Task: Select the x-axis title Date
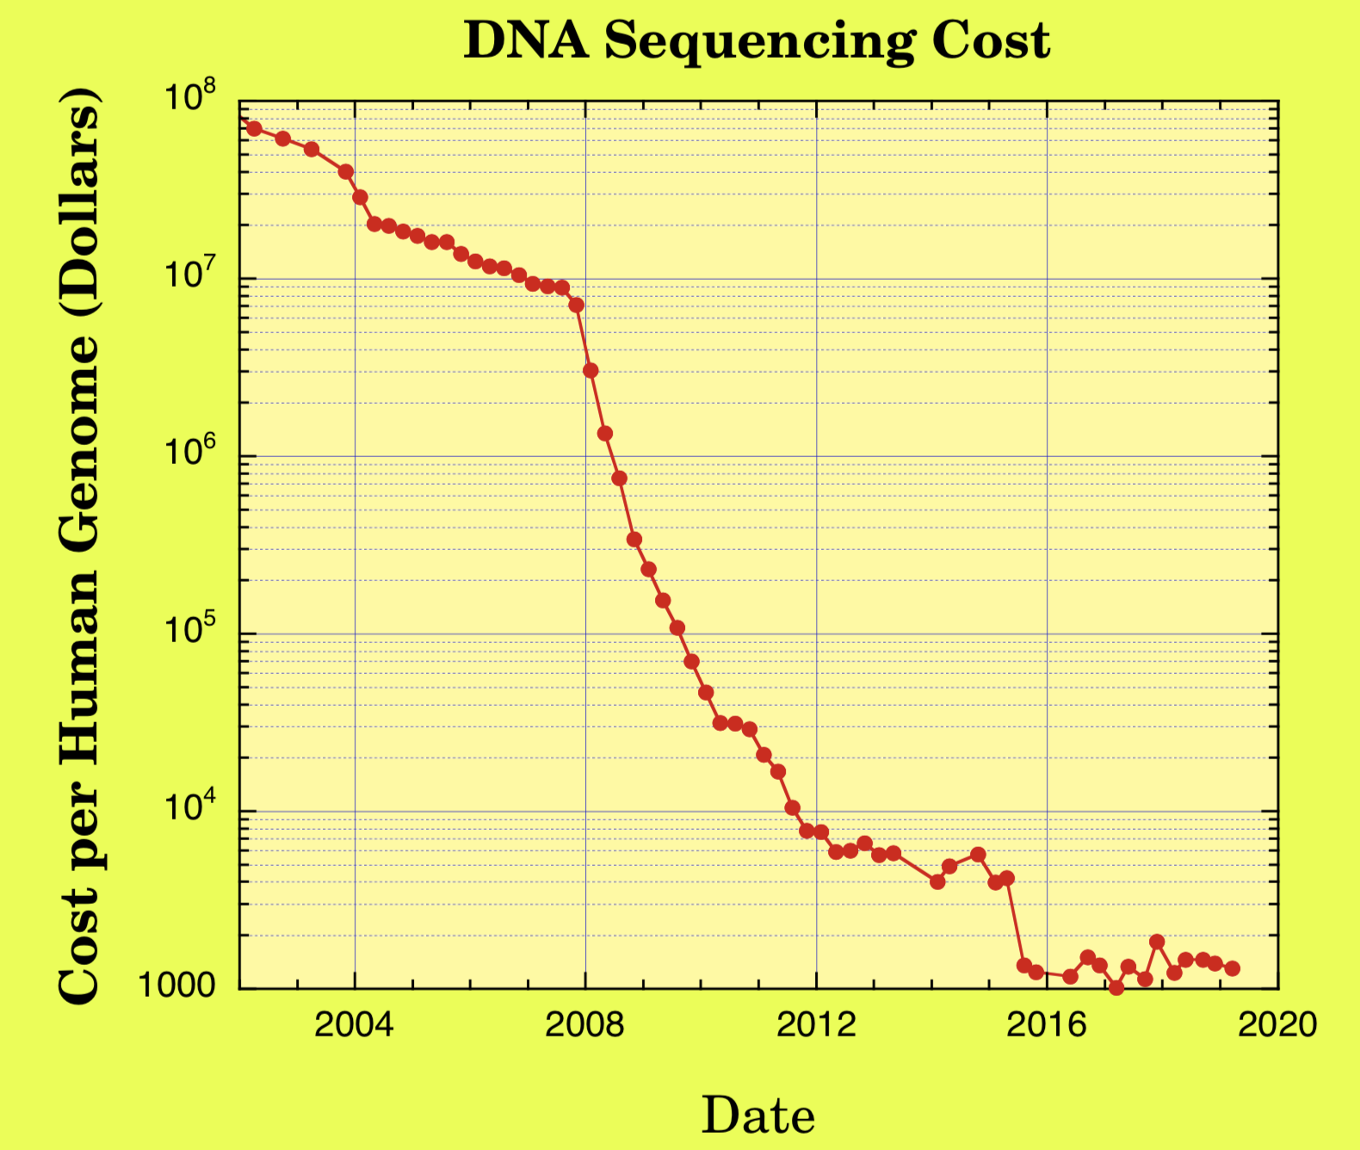pyautogui.click(x=757, y=1116)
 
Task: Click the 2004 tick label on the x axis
pyautogui.click(x=354, y=1025)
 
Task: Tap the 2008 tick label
pyautogui.click(x=584, y=1025)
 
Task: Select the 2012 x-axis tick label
pyautogui.click(x=816, y=1025)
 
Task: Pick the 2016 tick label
pyautogui.click(x=1047, y=1025)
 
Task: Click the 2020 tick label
pyautogui.click(x=1277, y=1025)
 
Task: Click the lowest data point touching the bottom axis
pyautogui.click(x=1116, y=987)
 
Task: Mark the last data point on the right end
pyautogui.click(x=1232, y=968)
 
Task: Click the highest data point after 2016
pyautogui.click(x=1157, y=942)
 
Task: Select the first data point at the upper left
pyautogui.click(x=254, y=128)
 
